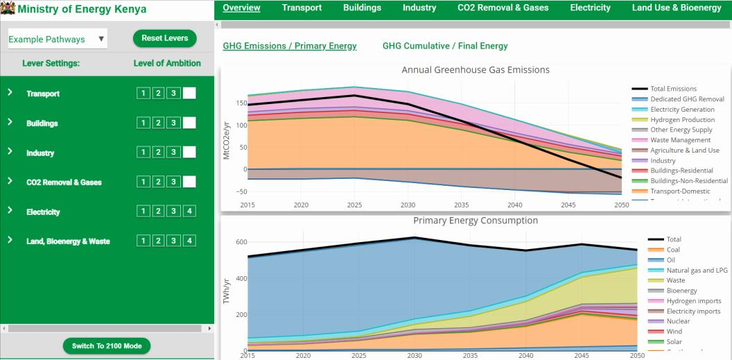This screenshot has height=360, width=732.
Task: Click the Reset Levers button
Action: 164,39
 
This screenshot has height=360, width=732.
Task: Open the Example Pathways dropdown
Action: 57,40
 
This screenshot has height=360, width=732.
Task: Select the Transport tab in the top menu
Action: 302,8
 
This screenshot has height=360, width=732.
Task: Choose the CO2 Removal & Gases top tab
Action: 503,8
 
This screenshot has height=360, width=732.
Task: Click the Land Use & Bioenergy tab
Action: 676,8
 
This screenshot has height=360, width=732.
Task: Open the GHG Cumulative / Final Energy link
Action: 445,46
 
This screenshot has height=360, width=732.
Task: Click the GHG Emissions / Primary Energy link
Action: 290,46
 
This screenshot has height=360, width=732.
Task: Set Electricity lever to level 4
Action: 190,212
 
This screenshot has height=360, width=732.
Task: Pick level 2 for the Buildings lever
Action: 158,123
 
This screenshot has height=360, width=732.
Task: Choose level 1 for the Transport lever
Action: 142,94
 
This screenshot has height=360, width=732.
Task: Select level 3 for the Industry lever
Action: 174,153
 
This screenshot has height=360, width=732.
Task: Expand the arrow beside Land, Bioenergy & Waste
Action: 10,240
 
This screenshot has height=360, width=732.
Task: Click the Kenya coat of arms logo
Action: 8,9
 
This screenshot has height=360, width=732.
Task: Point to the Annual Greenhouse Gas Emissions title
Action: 475,70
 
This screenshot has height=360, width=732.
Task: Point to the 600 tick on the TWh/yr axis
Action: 241,242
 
